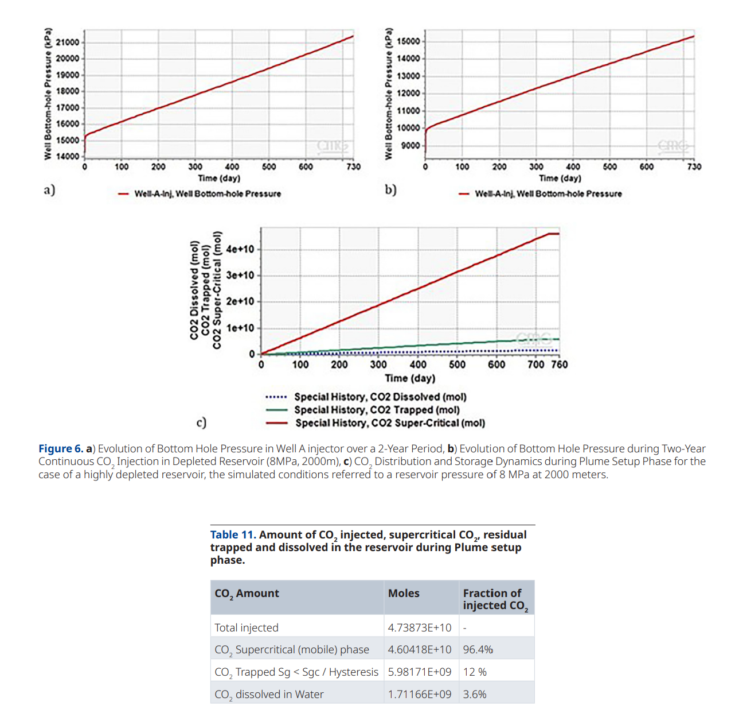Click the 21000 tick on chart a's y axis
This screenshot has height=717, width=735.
tap(67, 42)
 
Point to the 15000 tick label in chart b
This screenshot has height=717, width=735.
tap(408, 41)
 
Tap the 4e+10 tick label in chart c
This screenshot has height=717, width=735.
tap(240, 249)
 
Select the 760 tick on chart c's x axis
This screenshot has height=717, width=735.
tap(560, 364)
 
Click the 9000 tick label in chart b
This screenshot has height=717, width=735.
tap(410, 145)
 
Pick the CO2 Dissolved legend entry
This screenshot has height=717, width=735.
tap(380, 397)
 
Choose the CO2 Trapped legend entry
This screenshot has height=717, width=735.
tap(377, 410)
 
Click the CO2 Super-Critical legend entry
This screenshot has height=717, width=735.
tap(390, 423)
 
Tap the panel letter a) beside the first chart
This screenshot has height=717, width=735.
tap(49, 189)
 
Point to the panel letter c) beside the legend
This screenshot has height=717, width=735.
tap(201, 423)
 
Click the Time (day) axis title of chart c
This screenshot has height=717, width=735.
tap(410, 378)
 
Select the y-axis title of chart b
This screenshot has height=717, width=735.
tap(388, 92)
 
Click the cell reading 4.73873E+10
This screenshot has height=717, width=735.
tap(420, 627)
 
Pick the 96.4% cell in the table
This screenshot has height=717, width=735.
tap(478, 649)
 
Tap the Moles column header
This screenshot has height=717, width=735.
tap(404, 593)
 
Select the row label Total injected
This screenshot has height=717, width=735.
tap(247, 627)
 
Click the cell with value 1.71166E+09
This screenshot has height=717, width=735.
tap(420, 694)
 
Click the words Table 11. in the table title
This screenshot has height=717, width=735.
tap(233, 534)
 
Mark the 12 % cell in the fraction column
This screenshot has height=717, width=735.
tap(475, 672)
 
